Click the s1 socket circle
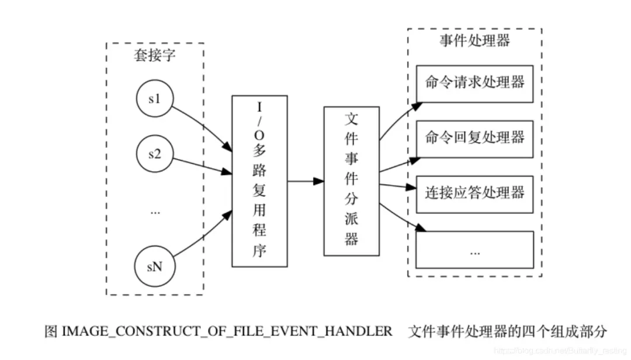coord(154,99)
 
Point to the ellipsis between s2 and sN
coord(154,212)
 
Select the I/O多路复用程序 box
coord(259,181)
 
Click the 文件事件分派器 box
coord(351,181)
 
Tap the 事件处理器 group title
coord(474,41)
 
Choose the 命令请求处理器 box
coord(474,82)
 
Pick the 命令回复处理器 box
coord(474,138)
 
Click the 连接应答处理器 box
coord(474,193)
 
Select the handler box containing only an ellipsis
coord(474,250)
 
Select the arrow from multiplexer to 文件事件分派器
coord(306,182)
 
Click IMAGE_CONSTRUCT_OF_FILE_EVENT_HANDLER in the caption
coord(227,331)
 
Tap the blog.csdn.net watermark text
coord(560,349)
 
